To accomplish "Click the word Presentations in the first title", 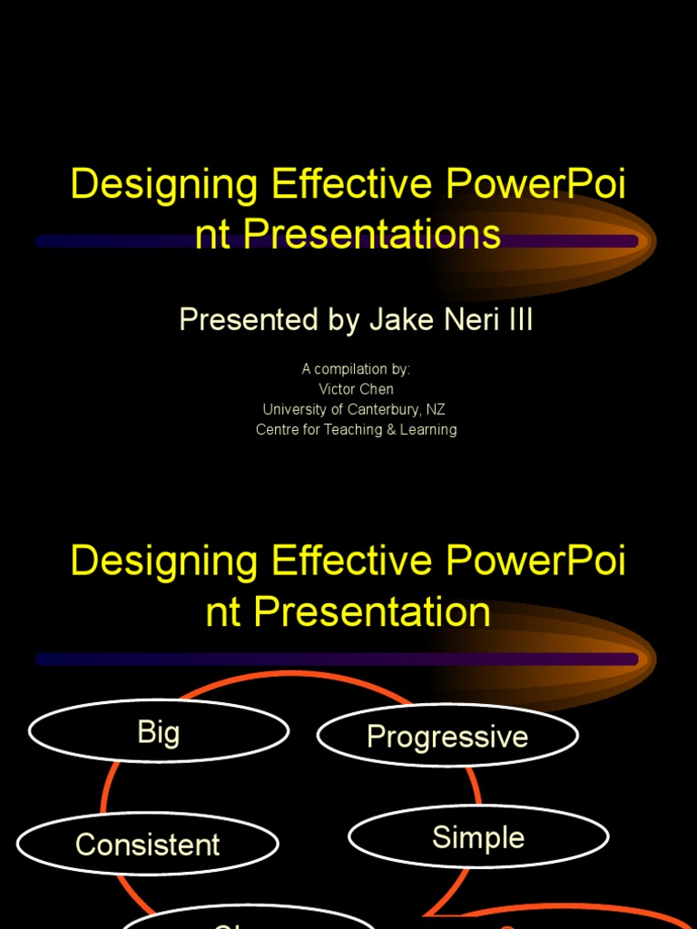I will pos(372,234).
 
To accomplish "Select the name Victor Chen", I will pos(356,389).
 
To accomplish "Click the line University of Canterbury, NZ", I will pos(354,409).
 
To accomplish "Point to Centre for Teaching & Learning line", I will pos(356,429).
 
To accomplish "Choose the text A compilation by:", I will pos(356,369).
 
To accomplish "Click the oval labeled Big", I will pos(159,731).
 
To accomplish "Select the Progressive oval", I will pos(447,736).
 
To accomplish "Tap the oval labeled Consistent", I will pos(147,845).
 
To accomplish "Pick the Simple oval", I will pos(478,837).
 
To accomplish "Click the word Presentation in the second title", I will pos(372,611).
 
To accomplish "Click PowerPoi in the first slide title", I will pos(535,184).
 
